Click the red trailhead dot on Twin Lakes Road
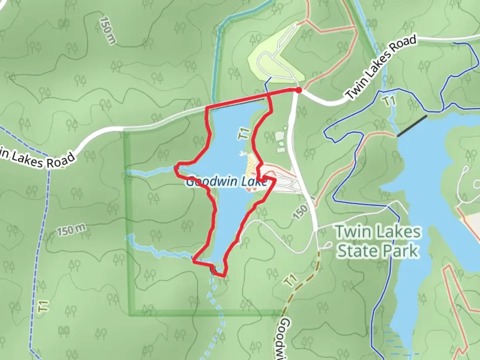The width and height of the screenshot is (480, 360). pyautogui.click(x=298, y=90)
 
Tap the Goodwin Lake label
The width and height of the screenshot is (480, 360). pyautogui.click(x=227, y=182)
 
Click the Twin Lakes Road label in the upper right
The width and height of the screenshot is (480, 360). pyautogui.click(x=381, y=67)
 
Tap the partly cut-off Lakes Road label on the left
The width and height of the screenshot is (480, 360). pyautogui.click(x=37, y=159)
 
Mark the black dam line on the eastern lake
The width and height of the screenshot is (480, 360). pyautogui.click(x=412, y=126)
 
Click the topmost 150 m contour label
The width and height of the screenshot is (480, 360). pyautogui.click(x=108, y=31)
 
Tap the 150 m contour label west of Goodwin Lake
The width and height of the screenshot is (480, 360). pyautogui.click(x=71, y=230)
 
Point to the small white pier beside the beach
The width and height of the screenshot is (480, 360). pyautogui.click(x=242, y=154)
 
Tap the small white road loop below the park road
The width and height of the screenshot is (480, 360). pyautogui.click(x=325, y=246)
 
